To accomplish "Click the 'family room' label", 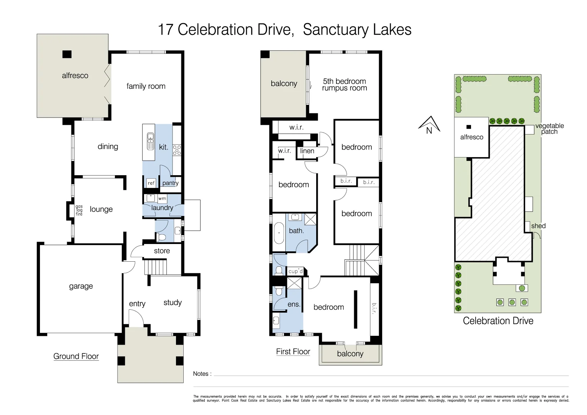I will click(x=146, y=86).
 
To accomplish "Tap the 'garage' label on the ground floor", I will click(x=81, y=286).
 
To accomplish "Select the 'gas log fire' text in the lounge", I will click(x=79, y=210).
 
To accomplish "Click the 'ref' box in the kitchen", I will click(x=151, y=183).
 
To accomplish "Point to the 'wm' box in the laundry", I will click(x=162, y=199).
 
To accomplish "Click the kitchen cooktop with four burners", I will click(x=177, y=150).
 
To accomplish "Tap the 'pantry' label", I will click(x=170, y=183).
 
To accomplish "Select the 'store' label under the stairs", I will click(x=162, y=251).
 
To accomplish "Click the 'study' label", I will click(x=172, y=303).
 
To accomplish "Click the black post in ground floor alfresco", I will click(x=67, y=54).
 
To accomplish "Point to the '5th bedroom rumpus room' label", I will click(x=345, y=85).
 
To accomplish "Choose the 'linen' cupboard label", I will click(x=307, y=151).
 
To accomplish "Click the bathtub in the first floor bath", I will click(x=279, y=233).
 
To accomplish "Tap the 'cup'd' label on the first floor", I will click(x=295, y=271).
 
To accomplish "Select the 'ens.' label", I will click(x=294, y=304).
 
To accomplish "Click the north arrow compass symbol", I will click(x=429, y=125).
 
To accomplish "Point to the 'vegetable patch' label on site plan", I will click(x=549, y=129).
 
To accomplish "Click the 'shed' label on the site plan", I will click(x=538, y=226).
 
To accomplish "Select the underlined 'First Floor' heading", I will click(x=293, y=352).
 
